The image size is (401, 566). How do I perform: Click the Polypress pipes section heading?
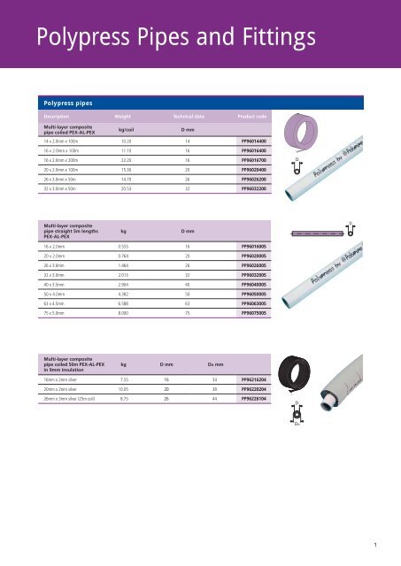tap(66, 103)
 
